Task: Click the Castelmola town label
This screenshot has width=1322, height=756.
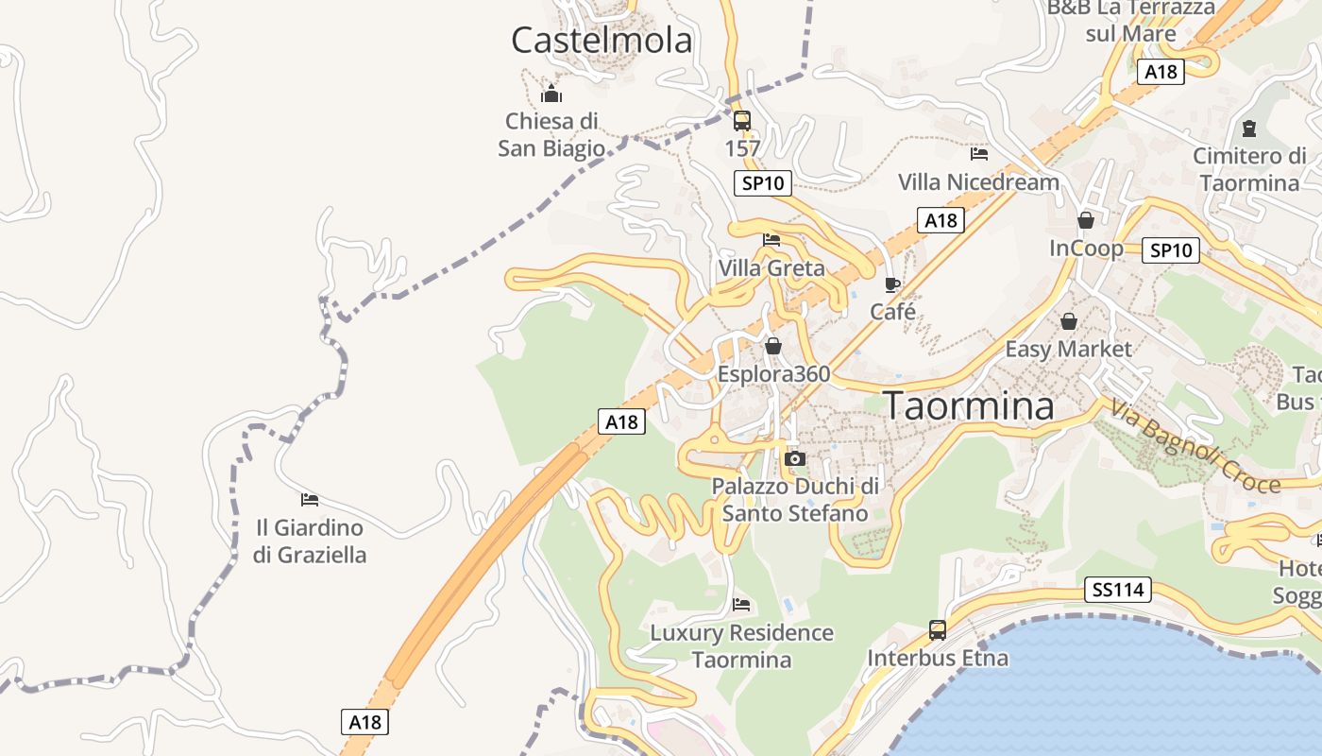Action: pyautogui.click(x=602, y=41)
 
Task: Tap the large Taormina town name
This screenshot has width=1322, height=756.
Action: pyautogui.click(x=969, y=405)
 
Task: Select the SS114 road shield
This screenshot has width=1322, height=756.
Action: pyautogui.click(x=1118, y=591)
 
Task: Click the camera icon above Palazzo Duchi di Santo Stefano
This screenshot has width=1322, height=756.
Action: pyautogui.click(x=795, y=459)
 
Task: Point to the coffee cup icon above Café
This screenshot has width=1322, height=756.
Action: pyautogui.click(x=892, y=284)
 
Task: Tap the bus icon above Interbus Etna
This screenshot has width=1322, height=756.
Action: pyautogui.click(x=937, y=630)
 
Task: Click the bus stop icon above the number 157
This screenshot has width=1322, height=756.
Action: pyautogui.click(x=742, y=121)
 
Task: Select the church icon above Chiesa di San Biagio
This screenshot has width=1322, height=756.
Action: pyautogui.click(x=551, y=94)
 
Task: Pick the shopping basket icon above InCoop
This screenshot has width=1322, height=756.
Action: pyautogui.click(x=1086, y=220)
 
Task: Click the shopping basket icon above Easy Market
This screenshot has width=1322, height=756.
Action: pyautogui.click(x=1069, y=321)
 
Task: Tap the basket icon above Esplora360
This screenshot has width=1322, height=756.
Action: pyautogui.click(x=773, y=347)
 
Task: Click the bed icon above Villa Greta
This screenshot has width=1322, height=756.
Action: pyautogui.click(x=771, y=240)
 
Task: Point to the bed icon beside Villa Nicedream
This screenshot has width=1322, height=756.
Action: pyautogui.click(x=979, y=153)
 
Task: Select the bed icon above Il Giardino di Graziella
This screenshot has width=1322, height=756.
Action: pyautogui.click(x=309, y=499)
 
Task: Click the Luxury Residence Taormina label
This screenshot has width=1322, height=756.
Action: pyautogui.click(x=741, y=645)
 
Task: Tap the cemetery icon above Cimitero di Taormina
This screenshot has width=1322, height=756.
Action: pyautogui.click(x=1249, y=128)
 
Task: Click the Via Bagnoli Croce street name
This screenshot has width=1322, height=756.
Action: pyautogui.click(x=1195, y=448)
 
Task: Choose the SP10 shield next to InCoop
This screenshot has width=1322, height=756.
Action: pyautogui.click(x=1171, y=250)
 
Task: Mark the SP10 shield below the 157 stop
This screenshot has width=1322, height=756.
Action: pyautogui.click(x=763, y=183)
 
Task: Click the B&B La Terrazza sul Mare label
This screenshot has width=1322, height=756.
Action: pyautogui.click(x=1130, y=21)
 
